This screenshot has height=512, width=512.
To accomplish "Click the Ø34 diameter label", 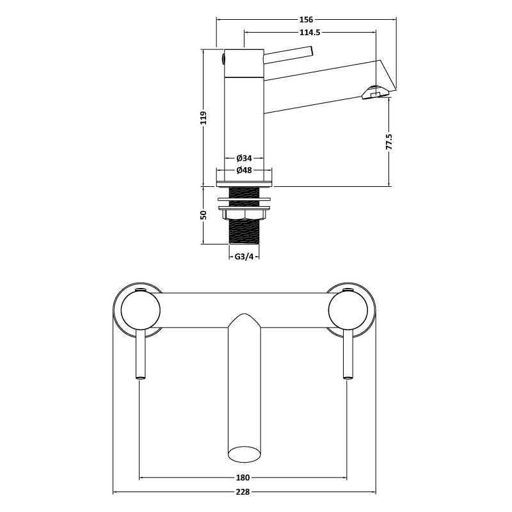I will (x=244, y=158).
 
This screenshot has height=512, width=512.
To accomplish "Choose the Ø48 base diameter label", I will (x=244, y=170).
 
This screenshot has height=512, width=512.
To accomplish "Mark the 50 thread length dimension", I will (x=203, y=215).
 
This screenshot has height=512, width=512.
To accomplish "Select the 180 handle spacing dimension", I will (x=243, y=477).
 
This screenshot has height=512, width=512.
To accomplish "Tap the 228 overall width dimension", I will (x=243, y=492).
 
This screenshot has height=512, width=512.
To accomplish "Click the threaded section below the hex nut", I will (x=244, y=232).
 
